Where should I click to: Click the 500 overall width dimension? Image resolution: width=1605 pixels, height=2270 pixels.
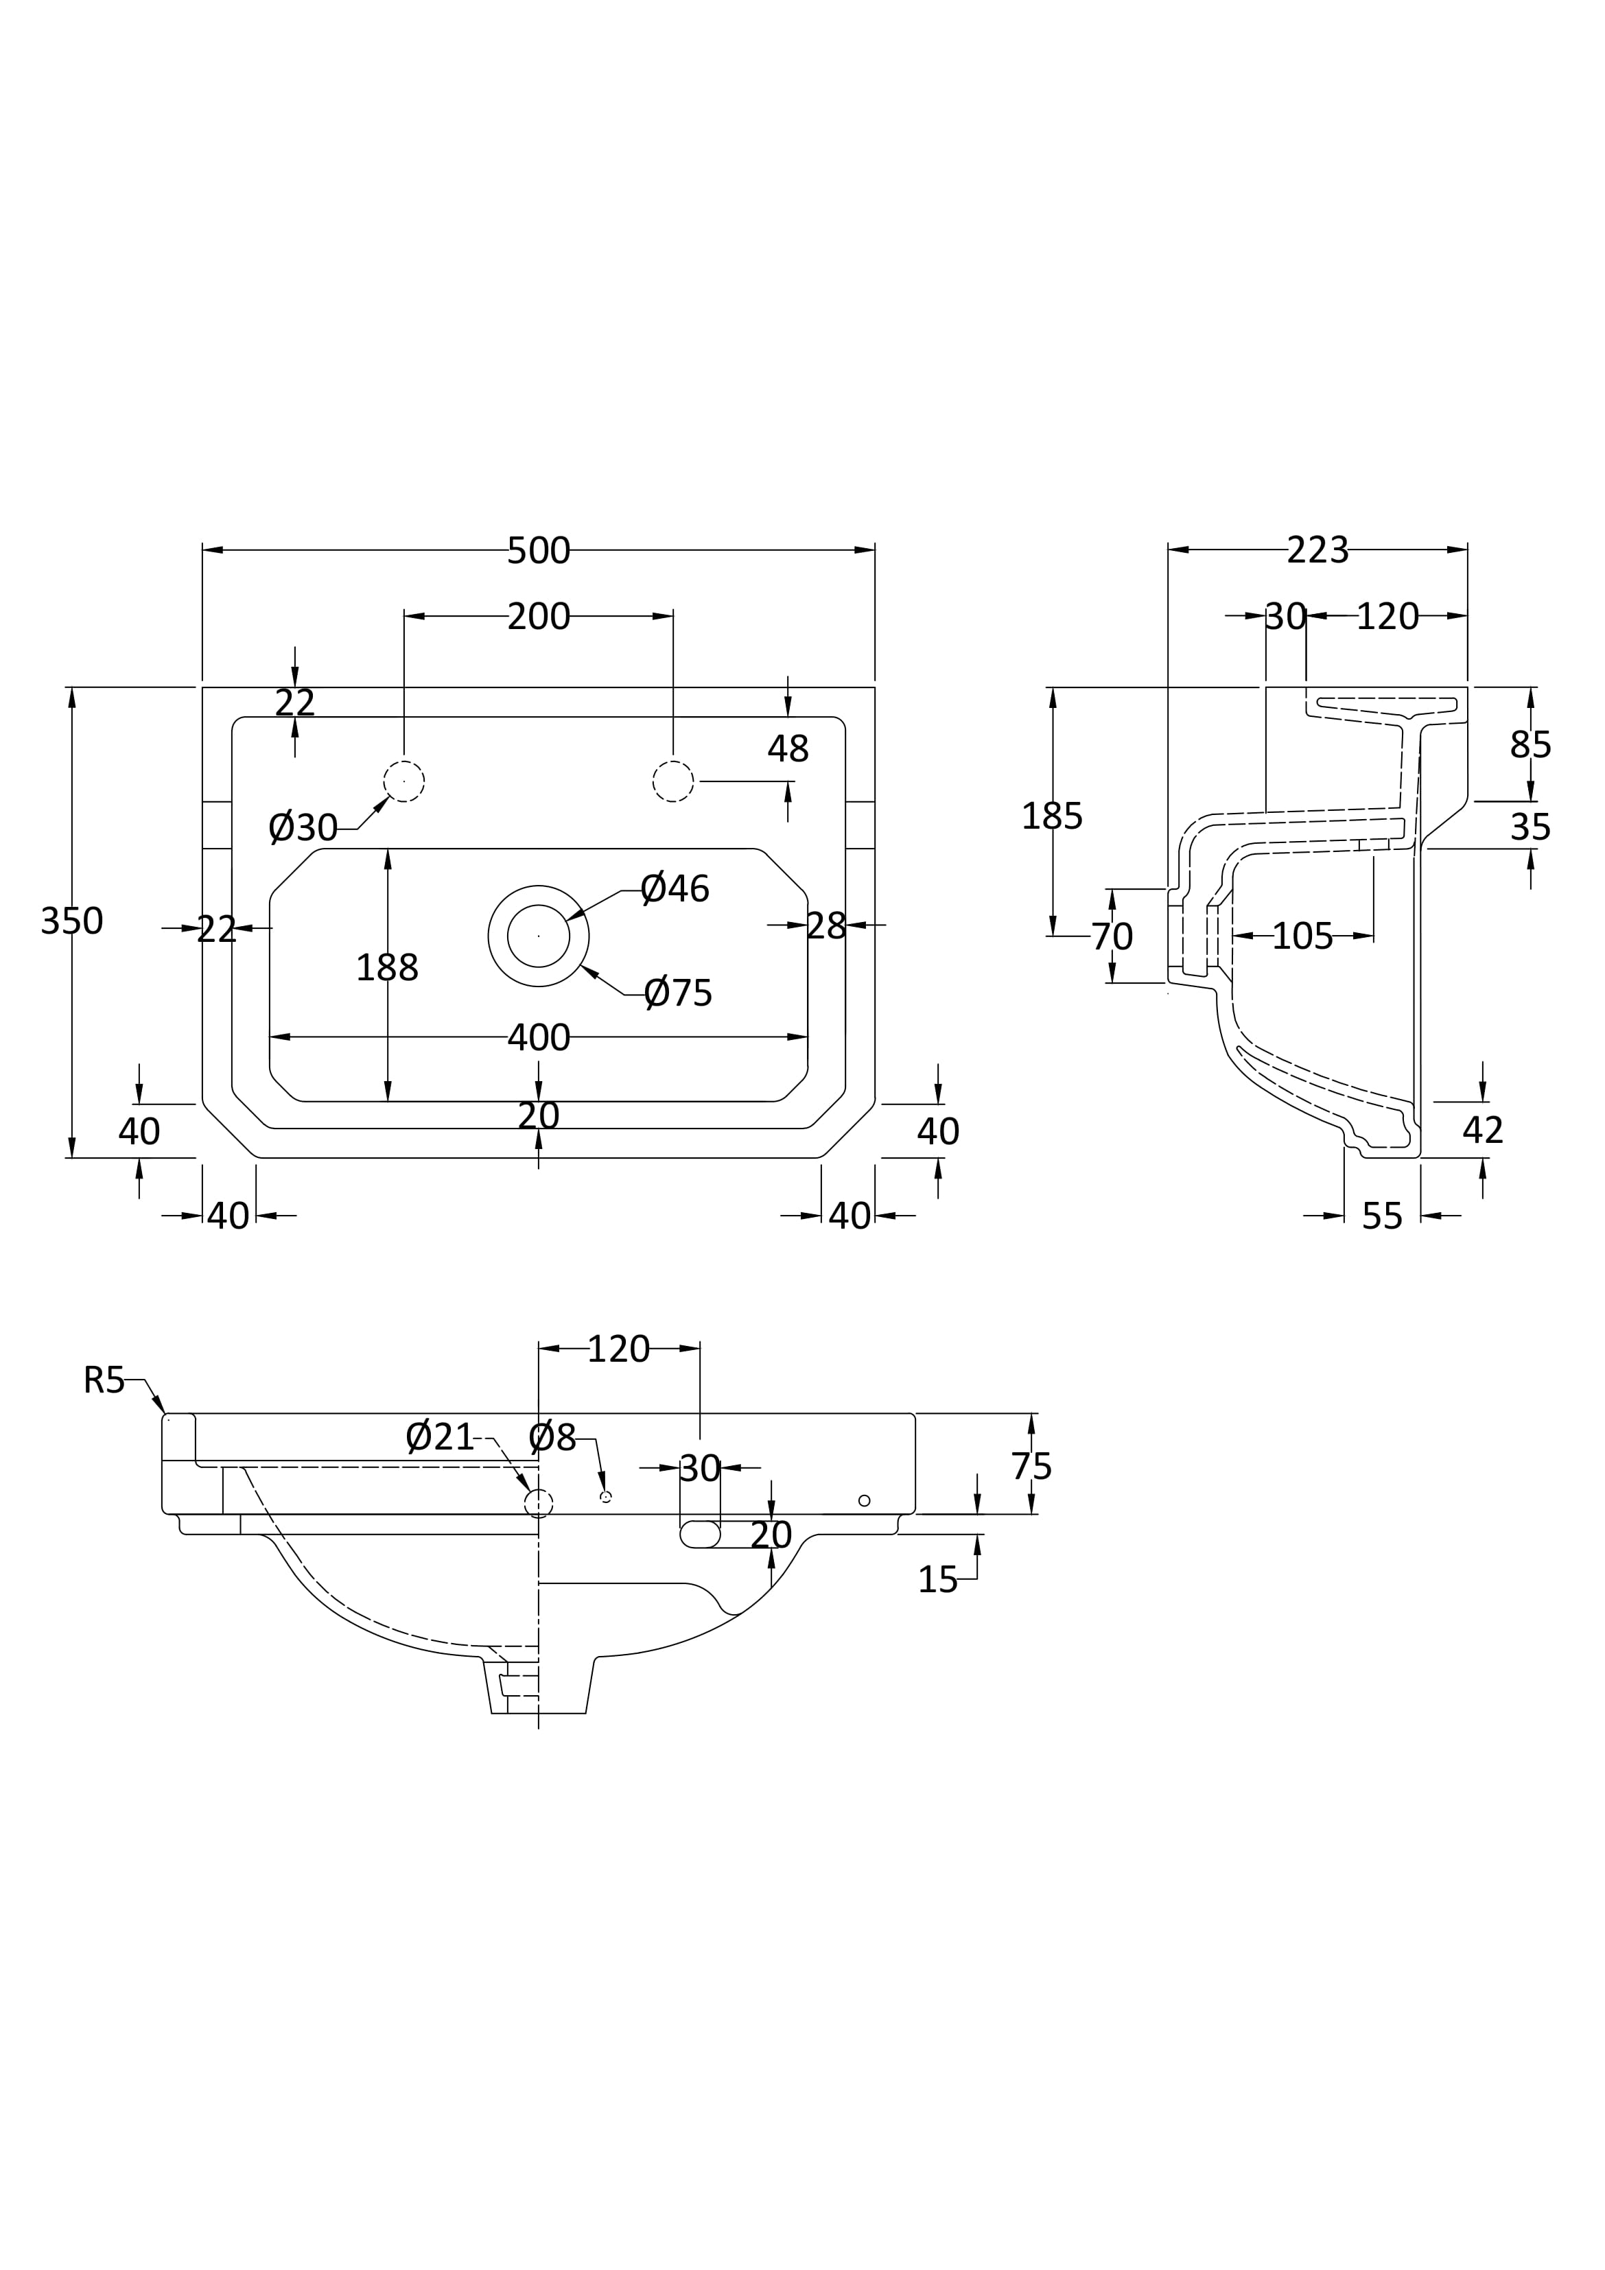pyautogui.click(x=538, y=551)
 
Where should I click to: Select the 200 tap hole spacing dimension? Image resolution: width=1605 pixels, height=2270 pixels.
pyautogui.click(x=538, y=617)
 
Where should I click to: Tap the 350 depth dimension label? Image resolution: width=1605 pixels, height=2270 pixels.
pyautogui.click(x=71, y=921)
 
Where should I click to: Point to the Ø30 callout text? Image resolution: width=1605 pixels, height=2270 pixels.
pyautogui.click(x=303, y=827)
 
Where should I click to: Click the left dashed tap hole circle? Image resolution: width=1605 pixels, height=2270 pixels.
pyautogui.click(x=403, y=781)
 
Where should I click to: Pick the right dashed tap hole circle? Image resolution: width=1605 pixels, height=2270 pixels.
pyautogui.click(x=673, y=781)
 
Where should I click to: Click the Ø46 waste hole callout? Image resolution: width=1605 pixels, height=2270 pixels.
pyautogui.click(x=675, y=889)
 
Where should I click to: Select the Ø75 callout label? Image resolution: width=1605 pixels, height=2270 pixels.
pyautogui.click(x=679, y=993)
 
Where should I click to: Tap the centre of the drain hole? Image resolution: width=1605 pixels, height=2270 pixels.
pyautogui.click(x=538, y=935)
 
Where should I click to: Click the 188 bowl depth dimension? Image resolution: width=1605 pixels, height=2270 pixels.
pyautogui.click(x=386, y=968)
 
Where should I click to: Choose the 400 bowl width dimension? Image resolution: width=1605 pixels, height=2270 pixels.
pyautogui.click(x=538, y=1038)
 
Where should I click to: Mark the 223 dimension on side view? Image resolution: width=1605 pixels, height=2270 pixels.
pyautogui.click(x=1317, y=551)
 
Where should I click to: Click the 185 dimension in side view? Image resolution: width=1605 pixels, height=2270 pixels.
pyautogui.click(x=1052, y=816)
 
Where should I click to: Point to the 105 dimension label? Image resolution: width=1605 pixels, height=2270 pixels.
pyautogui.click(x=1302, y=936)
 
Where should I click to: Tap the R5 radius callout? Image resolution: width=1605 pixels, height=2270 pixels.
pyautogui.click(x=104, y=1380)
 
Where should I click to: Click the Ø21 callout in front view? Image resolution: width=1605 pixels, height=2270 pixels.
pyautogui.click(x=440, y=1437)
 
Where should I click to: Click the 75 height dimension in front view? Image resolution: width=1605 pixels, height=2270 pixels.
pyautogui.click(x=1031, y=1465)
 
